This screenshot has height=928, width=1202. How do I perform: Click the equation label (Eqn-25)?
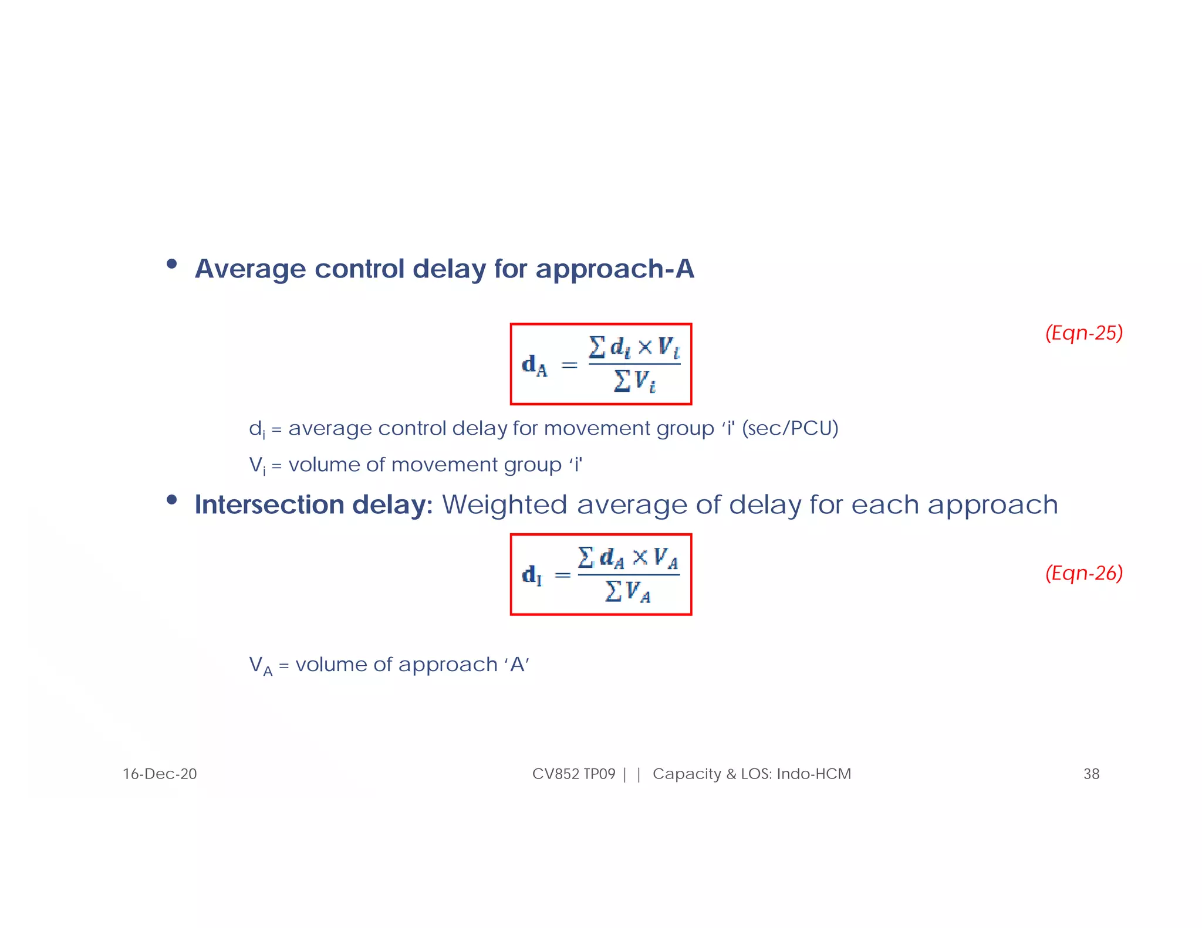pos(1083,333)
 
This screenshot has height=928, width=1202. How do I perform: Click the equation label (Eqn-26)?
pos(1083,573)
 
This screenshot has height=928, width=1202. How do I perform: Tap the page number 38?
pos(1091,774)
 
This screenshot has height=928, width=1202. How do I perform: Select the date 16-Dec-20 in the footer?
pos(160,774)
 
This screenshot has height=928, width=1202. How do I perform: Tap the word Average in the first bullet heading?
pos(250,269)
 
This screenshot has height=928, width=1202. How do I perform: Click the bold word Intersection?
pos(269,505)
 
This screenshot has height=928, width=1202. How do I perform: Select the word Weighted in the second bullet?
pos(504,505)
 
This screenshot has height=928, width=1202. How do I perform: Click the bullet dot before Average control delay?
pos(171,264)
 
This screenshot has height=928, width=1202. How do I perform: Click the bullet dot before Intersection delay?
pos(171,500)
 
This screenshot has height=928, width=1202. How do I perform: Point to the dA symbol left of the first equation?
pos(534,366)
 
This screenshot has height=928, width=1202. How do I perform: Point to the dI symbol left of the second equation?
pos(532,575)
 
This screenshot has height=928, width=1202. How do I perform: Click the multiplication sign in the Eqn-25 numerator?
pos(644,347)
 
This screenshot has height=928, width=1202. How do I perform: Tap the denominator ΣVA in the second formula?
pos(628,591)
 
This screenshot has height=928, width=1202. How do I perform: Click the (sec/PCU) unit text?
pos(790,429)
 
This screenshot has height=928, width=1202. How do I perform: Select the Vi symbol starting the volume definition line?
pos(257,466)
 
